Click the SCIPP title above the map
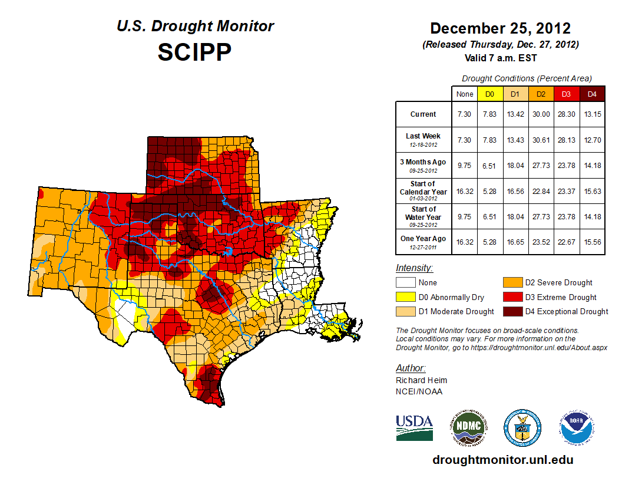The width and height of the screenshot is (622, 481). point(194,52)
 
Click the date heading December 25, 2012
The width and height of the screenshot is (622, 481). point(500,28)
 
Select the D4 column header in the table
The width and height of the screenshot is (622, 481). point(592,94)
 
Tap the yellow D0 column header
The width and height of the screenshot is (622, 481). point(489,94)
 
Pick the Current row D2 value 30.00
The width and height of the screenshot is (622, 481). point(541,114)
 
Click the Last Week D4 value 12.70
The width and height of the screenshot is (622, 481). point(592,140)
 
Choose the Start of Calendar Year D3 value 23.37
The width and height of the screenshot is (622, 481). point(567,191)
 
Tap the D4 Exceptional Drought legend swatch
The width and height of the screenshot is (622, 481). point(512,312)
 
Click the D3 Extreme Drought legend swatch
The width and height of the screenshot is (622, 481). point(512,298)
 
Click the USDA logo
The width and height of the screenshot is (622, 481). point(414,427)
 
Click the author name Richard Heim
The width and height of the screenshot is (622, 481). point(421,380)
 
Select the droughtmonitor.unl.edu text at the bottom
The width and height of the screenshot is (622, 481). point(502,460)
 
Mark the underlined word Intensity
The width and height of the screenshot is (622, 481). point(414,268)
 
